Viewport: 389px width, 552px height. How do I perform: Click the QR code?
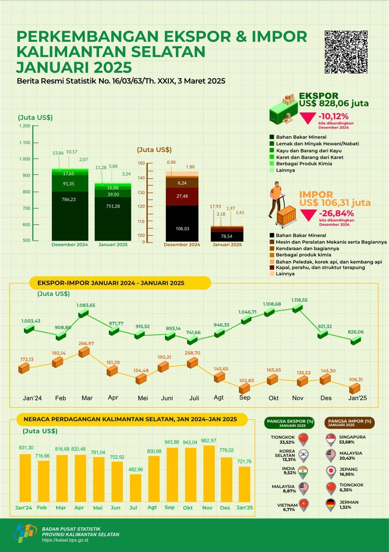[346, 52]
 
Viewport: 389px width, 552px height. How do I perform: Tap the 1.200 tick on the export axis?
[36, 125]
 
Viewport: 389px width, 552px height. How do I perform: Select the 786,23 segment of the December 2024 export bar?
[70, 216]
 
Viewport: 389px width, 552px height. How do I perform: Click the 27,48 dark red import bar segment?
[182, 196]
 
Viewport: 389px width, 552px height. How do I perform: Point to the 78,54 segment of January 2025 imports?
[227, 236]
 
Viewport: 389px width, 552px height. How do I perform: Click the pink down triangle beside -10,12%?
[308, 118]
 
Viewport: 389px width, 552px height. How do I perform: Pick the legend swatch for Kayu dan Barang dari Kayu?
[272, 151]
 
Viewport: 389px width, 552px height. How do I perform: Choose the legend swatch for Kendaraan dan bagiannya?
[272, 248]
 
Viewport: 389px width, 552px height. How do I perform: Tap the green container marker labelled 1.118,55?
[297, 308]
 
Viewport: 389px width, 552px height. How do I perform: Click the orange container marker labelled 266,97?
[84, 352]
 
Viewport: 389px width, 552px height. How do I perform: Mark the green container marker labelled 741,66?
[192, 340]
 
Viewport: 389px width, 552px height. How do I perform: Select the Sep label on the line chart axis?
[245, 397]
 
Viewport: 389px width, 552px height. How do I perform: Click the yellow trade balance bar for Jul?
[135, 488]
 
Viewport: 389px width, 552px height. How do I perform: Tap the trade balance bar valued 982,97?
[209, 474]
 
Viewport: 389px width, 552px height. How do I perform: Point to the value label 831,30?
[26, 448]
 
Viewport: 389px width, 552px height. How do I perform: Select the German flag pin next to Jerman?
[331, 505]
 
